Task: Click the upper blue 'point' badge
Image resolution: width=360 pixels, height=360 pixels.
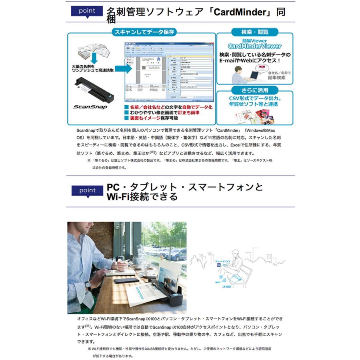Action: [x=87, y=11]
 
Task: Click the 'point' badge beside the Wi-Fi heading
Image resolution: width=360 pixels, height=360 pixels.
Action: [x=87, y=190]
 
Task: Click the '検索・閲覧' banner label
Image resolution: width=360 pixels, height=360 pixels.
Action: [x=255, y=32]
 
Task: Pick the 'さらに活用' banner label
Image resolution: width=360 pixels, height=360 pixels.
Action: [x=255, y=90]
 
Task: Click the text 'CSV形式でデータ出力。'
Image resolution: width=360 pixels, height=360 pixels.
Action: [x=254, y=98]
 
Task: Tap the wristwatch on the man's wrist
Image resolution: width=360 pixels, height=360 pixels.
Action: [x=88, y=285]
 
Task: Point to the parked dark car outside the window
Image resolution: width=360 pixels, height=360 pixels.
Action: [x=176, y=254]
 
